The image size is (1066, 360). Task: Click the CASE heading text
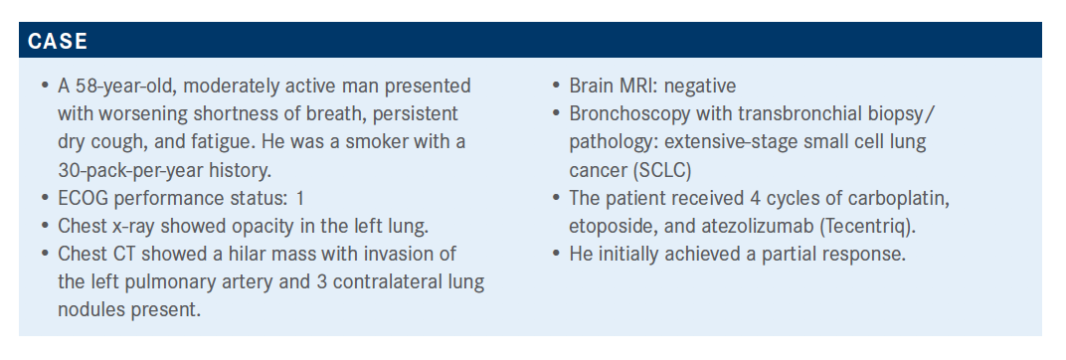58,41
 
